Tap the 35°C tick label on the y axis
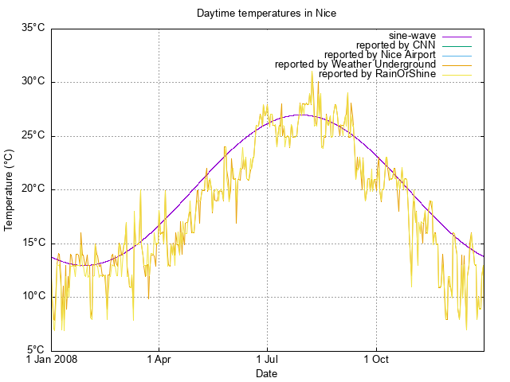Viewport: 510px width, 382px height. click(33, 28)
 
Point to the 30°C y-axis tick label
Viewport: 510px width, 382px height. click(33, 82)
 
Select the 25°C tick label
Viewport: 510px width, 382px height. click(33, 135)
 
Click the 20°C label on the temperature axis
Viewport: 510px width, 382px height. click(33, 189)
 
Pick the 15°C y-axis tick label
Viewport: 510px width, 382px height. click(33, 243)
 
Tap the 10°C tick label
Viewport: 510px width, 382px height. click(33, 297)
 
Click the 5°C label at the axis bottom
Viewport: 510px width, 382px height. click(35, 350)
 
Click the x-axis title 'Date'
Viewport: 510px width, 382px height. click(267, 373)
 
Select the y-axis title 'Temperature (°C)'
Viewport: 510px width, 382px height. click(10, 189)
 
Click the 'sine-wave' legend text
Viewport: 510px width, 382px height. click(412, 36)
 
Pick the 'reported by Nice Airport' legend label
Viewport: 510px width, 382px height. click(380, 55)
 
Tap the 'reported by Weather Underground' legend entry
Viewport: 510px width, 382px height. click(355, 64)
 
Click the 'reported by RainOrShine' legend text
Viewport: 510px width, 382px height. click(377, 74)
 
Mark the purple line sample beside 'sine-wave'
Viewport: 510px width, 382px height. click(457, 36)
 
